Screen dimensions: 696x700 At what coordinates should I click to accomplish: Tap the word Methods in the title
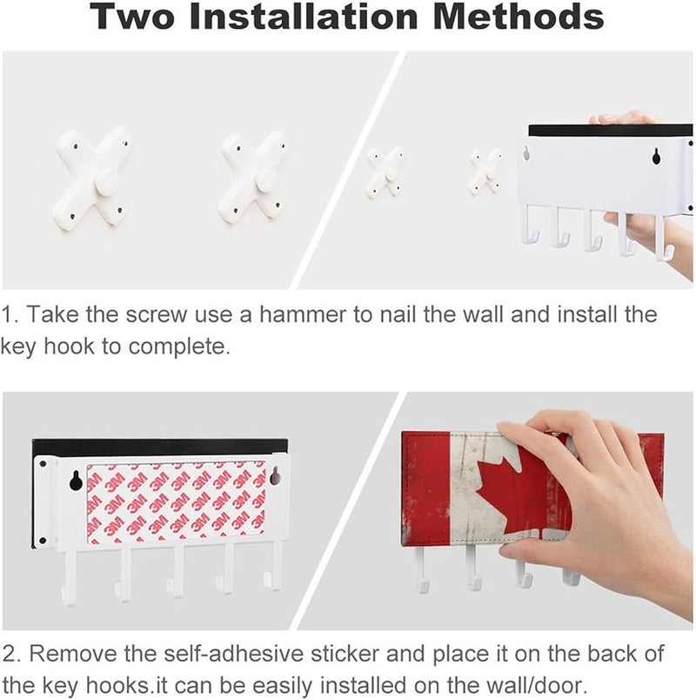coord(519,16)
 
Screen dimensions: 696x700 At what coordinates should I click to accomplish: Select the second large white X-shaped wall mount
coord(253,178)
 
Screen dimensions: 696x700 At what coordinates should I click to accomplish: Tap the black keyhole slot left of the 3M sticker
coord(76,480)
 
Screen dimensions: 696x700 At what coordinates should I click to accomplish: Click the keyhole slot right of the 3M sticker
coord(274,476)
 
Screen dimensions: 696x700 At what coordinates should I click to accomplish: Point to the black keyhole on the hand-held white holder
coord(656,155)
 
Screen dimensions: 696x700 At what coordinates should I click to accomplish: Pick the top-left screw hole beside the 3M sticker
coord(43,464)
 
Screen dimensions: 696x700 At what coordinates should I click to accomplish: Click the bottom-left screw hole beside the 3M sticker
coord(43,541)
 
